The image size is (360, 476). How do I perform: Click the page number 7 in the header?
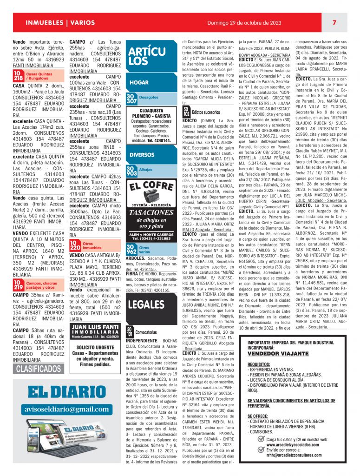334,23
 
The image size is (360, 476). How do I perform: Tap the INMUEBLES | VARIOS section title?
60,23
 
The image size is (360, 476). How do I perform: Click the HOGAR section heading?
139,82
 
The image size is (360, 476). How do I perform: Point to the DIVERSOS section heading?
142,154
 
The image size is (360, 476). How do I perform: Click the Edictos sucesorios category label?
206,112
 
